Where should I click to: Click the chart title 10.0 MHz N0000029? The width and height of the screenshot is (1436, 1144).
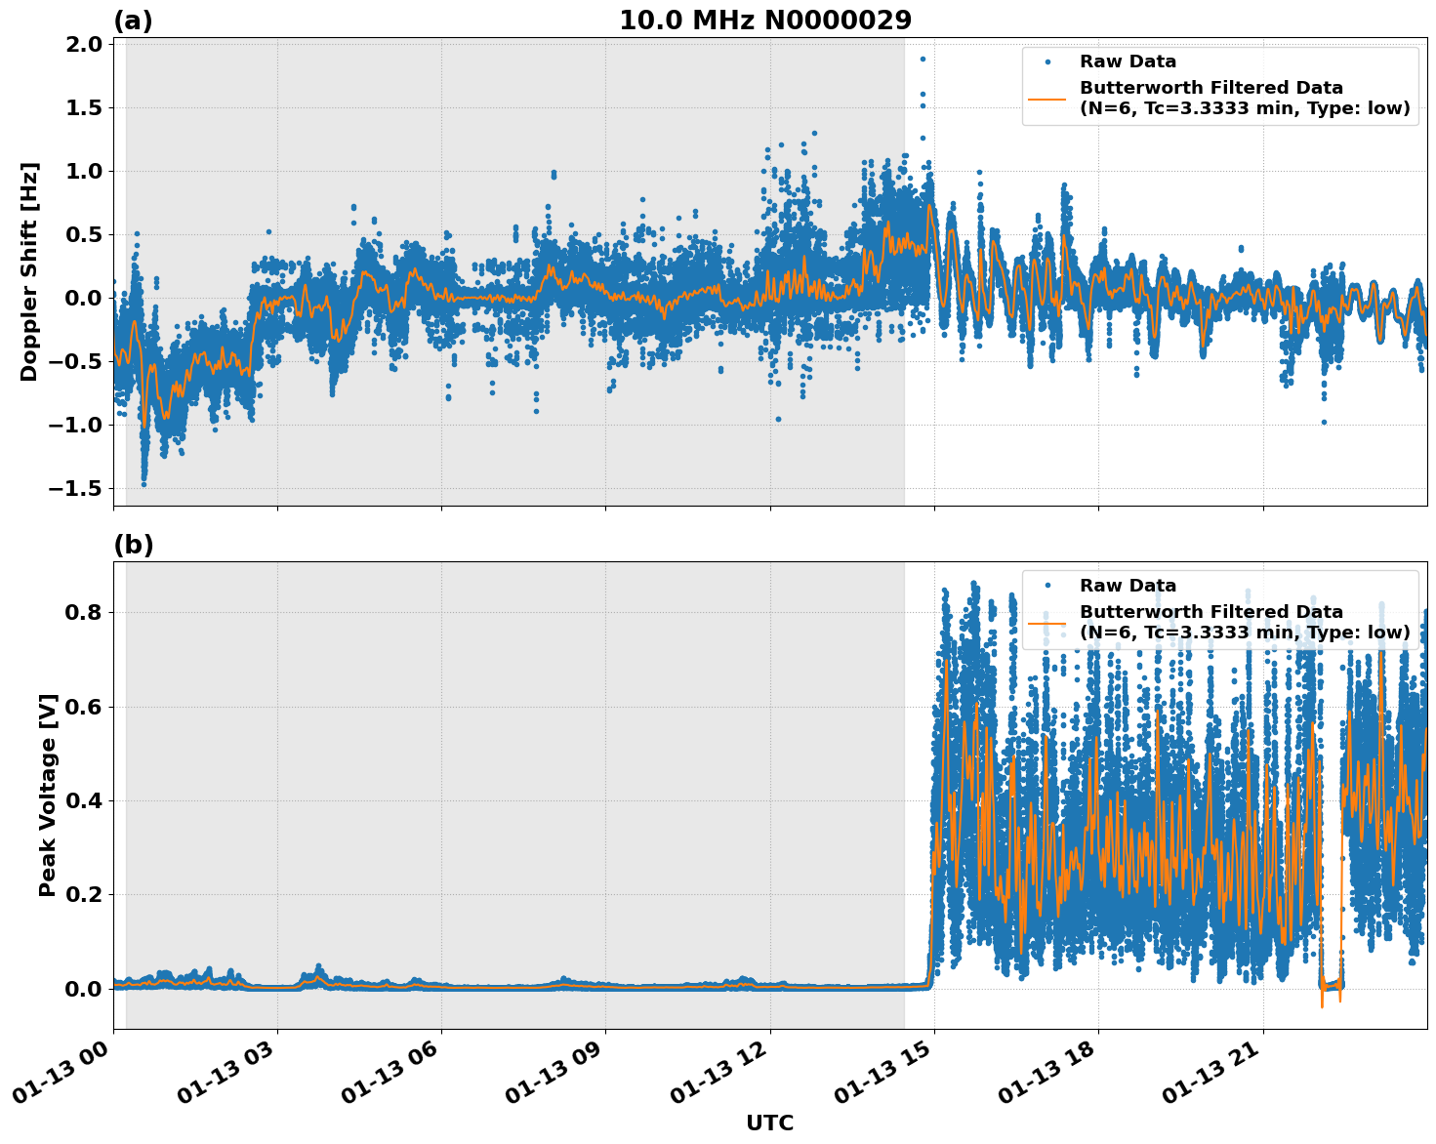(x=765, y=20)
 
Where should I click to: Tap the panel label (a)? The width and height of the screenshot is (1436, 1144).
(x=133, y=20)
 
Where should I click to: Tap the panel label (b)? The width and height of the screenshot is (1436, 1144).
(x=133, y=545)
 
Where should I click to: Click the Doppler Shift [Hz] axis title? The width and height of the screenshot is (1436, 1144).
(x=29, y=271)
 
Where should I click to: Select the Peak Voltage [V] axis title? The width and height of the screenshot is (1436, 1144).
(x=47, y=795)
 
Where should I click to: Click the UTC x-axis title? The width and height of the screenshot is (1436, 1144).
(x=769, y=1123)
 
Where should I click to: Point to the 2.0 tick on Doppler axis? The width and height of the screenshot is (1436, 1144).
(x=85, y=45)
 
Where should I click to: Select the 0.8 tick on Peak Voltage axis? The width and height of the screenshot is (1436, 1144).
(x=85, y=613)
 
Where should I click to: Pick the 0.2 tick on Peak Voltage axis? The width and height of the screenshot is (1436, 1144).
(x=85, y=894)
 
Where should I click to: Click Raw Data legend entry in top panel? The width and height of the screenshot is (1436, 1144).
(x=1128, y=61)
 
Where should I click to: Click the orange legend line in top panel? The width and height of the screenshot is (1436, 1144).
(x=1047, y=98)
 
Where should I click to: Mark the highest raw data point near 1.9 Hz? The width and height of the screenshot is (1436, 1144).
(x=923, y=59)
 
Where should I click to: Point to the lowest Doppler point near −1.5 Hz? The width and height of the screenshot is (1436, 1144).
(x=144, y=483)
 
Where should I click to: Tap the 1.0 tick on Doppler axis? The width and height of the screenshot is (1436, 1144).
(x=85, y=171)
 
